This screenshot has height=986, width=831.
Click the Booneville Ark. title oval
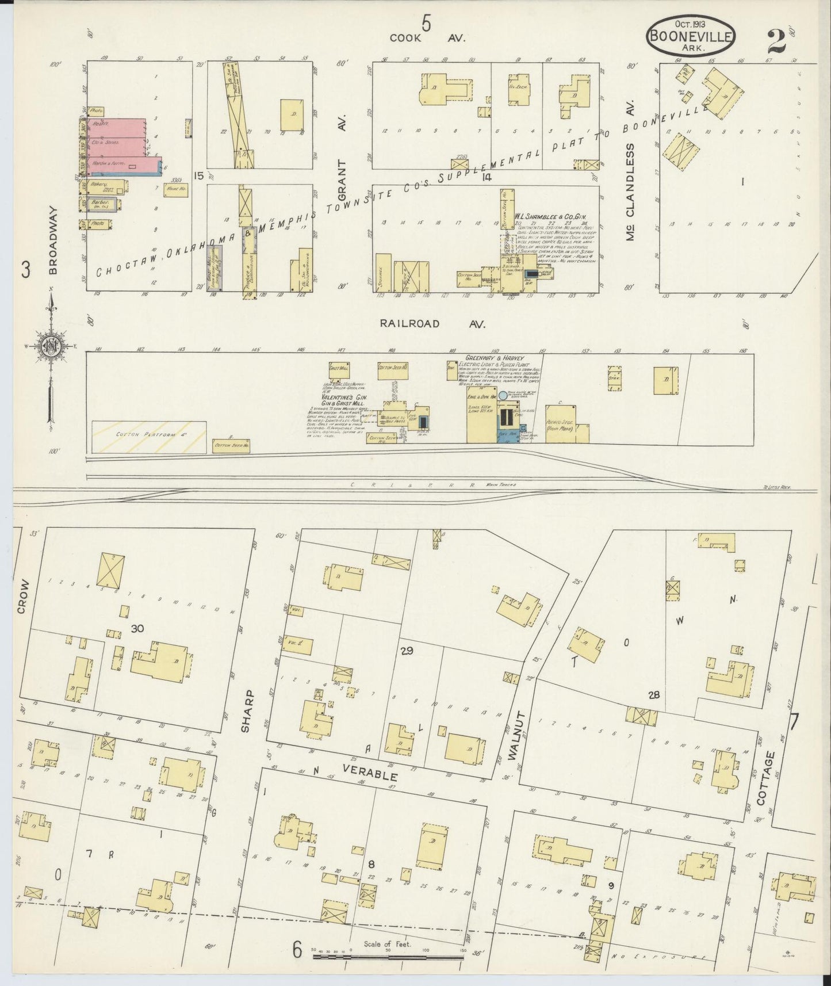click(x=690, y=35)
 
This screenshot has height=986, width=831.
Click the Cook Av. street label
click(x=427, y=38)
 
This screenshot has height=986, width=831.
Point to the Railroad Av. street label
click(x=433, y=324)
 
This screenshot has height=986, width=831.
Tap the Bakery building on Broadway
click(x=104, y=187)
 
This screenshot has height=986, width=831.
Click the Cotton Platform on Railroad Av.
click(x=149, y=436)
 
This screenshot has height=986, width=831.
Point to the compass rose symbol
click(x=49, y=346)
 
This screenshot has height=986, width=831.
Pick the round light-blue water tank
click(x=503, y=396)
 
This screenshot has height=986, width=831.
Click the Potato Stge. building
click(x=559, y=426)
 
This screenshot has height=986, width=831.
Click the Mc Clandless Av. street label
click(x=630, y=192)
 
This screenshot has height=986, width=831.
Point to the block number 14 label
click(x=488, y=178)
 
